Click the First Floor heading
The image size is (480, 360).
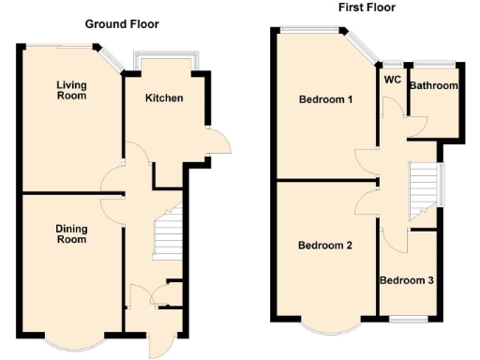(x=367, y=7)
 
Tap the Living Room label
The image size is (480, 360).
(x=71, y=90)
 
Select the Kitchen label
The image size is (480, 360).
(x=164, y=98)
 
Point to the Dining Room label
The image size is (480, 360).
(x=70, y=233)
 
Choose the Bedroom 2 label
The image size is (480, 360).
(x=325, y=246)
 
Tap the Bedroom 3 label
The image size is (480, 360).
(x=407, y=279)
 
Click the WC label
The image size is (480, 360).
(x=392, y=81)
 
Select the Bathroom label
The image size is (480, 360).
(x=433, y=86)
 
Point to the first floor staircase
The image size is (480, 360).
(x=425, y=185)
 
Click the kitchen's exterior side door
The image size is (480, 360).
(x=219, y=141)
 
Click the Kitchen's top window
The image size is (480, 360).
(x=165, y=58)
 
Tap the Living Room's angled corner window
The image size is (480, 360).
(x=112, y=58)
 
